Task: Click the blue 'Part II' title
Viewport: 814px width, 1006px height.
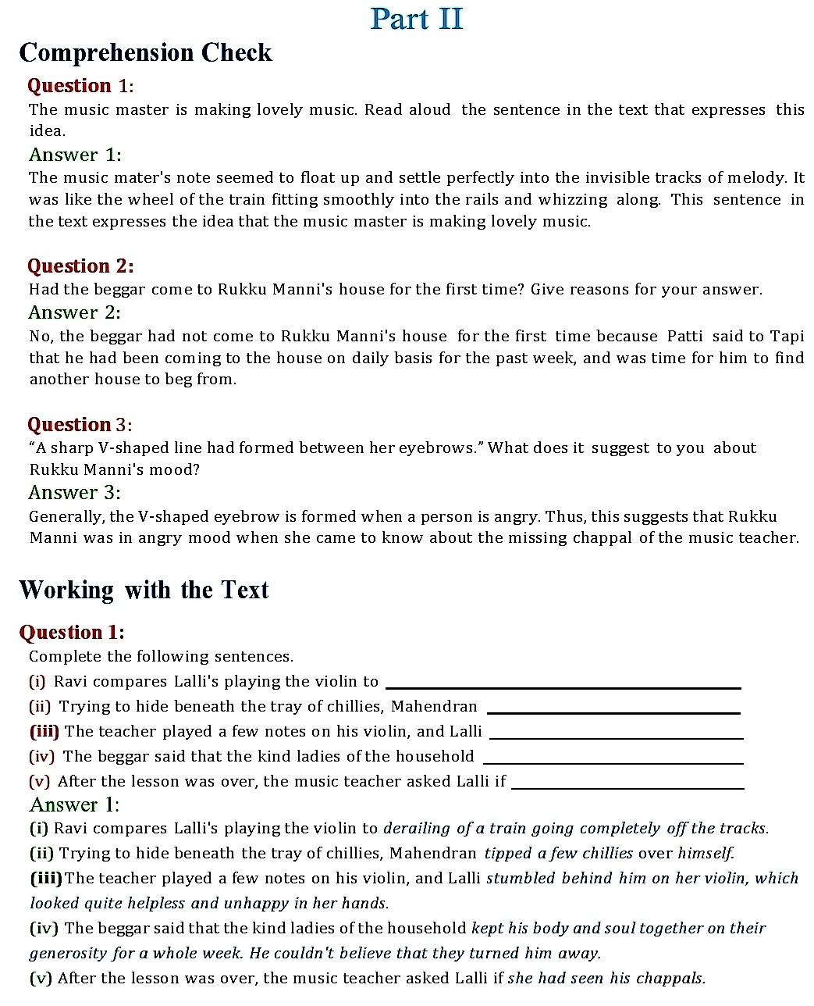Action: [x=417, y=19]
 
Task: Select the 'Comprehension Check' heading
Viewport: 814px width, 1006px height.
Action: [x=145, y=52]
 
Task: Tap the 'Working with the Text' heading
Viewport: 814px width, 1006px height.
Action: [x=144, y=590]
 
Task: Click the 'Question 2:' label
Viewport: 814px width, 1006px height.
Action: [x=80, y=266]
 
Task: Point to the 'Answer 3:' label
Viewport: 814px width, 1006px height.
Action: [x=74, y=493]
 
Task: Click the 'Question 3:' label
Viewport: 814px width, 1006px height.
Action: [x=80, y=425]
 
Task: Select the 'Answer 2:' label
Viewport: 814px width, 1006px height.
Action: [x=74, y=312]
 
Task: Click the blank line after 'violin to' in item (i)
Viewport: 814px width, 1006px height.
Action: [x=563, y=687]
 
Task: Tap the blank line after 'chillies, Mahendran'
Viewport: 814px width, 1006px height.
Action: [x=613, y=712]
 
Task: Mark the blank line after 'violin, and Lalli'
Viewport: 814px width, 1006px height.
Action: [x=615, y=737]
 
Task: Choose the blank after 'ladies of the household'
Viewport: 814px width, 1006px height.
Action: [x=613, y=762]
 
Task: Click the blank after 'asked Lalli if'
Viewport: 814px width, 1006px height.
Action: [x=627, y=787]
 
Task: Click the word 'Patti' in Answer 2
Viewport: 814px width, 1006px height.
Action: [x=684, y=337]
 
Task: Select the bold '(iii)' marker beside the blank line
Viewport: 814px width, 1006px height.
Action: [x=44, y=732]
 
